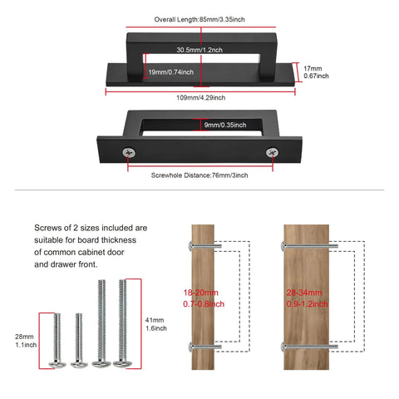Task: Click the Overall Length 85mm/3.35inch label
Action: pos(199,19)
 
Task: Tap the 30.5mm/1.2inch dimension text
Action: pos(199,50)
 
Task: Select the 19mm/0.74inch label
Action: pos(171,72)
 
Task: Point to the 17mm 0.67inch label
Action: pos(316,72)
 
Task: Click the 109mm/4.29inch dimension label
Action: pos(201,97)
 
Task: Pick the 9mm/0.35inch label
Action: pos(225,125)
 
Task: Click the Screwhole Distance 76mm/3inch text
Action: pos(199,175)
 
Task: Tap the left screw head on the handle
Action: pos(129,152)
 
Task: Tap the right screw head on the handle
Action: pos(273,152)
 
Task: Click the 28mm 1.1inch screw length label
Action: pos(26,341)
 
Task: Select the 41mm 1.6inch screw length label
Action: pos(156,324)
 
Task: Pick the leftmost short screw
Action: pos(57,341)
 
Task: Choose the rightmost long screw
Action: pos(122,323)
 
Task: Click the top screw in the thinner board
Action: pos(205,246)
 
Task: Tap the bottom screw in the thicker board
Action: pos(309,347)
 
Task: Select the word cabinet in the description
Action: pos(93,253)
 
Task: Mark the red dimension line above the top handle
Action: pos(201,27)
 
